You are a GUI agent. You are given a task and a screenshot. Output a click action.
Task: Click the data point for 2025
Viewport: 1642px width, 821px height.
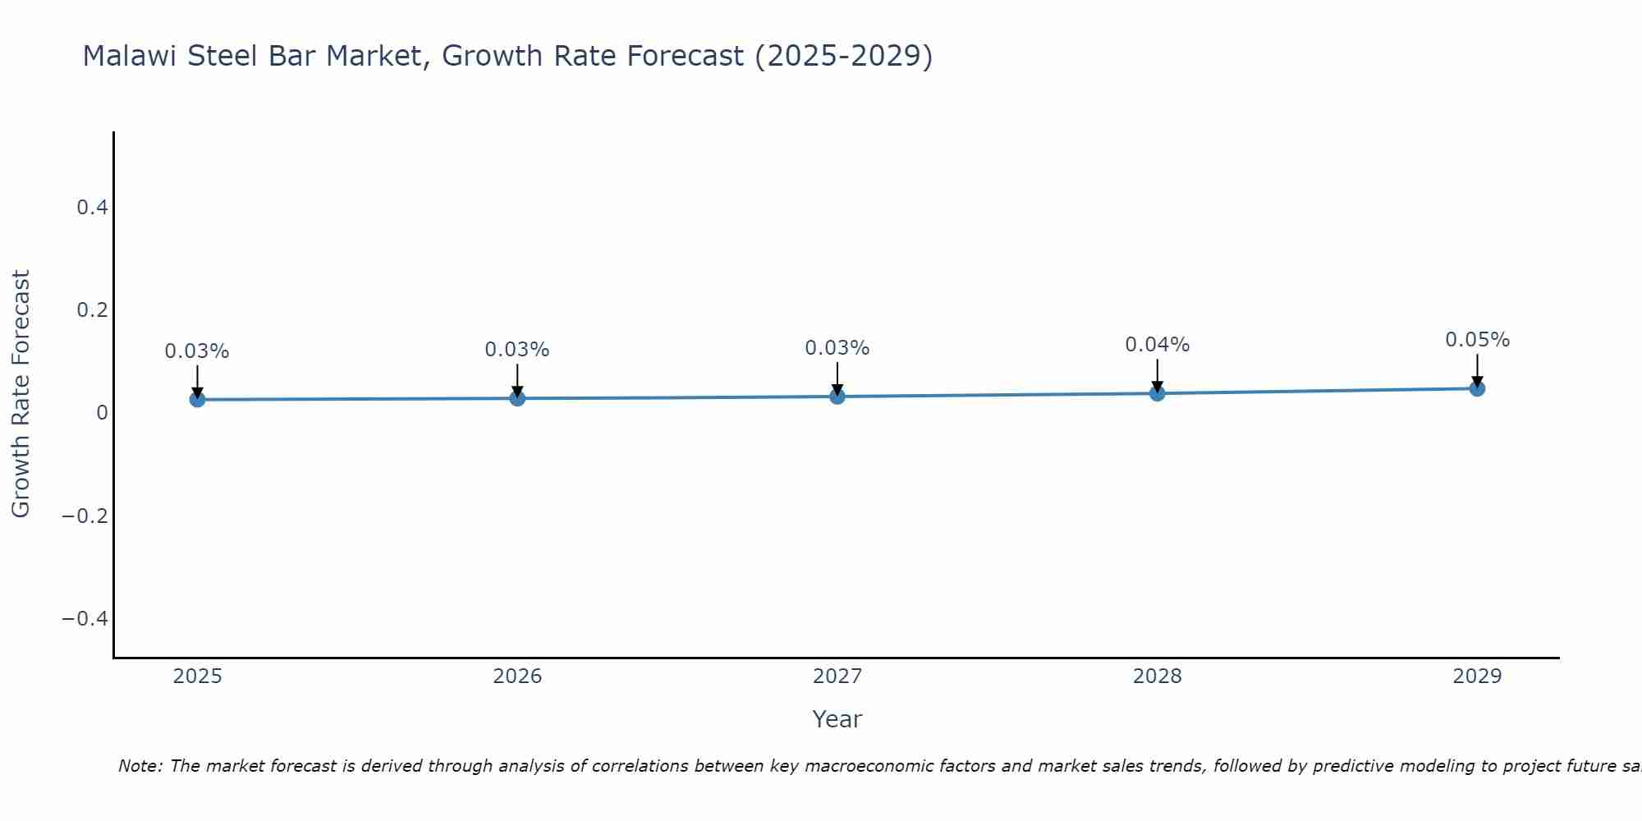pyautogui.click(x=197, y=400)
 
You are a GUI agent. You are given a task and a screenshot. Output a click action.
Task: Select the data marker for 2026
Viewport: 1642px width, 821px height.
pyautogui.click(x=517, y=398)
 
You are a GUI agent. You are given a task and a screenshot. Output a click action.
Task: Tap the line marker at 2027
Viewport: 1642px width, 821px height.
pyautogui.click(x=837, y=397)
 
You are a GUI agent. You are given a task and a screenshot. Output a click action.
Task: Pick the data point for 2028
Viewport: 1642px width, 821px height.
pyautogui.click(x=1157, y=393)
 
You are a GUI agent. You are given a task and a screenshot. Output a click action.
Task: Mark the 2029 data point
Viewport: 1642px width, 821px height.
pyautogui.click(x=1477, y=388)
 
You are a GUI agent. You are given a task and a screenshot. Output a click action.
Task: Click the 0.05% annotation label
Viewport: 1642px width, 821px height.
pyautogui.click(x=1477, y=340)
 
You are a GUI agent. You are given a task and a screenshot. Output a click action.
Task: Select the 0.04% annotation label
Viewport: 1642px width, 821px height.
pyautogui.click(x=1157, y=345)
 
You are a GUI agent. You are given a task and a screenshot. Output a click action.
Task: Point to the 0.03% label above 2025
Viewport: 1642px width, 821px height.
pyautogui.click(x=197, y=351)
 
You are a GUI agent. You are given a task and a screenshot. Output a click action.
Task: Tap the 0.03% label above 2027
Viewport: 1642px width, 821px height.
pyautogui.click(x=837, y=348)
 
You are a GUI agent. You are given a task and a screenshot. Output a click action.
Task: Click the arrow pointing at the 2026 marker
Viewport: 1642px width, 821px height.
pyautogui.click(x=517, y=380)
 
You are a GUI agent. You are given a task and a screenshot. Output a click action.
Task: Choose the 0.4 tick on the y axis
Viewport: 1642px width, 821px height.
pyautogui.click(x=93, y=208)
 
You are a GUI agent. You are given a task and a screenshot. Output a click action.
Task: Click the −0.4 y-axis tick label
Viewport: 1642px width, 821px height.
pyautogui.click(x=85, y=618)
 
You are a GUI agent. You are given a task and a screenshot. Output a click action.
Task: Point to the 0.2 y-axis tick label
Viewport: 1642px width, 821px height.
pyautogui.click(x=93, y=310)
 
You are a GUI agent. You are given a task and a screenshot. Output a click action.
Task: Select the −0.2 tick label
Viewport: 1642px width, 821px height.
pyautogui.click(x=85, y=516)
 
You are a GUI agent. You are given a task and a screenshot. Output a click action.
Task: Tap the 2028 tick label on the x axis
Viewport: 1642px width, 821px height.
pyautogui.click(x=1157, y=677)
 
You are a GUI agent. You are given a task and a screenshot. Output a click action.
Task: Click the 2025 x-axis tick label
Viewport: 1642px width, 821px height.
pyautogui.click(x=197, y=677)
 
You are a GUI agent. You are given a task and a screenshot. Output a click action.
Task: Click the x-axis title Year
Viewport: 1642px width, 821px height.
pyautogui.click(x=837, y=719)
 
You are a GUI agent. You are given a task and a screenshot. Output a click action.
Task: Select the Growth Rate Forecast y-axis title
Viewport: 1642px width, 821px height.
pyautogui.click(x=21, y=394)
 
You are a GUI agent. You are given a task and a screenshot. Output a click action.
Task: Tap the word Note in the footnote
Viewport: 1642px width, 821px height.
pyautogui.click(x=140, y=766)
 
